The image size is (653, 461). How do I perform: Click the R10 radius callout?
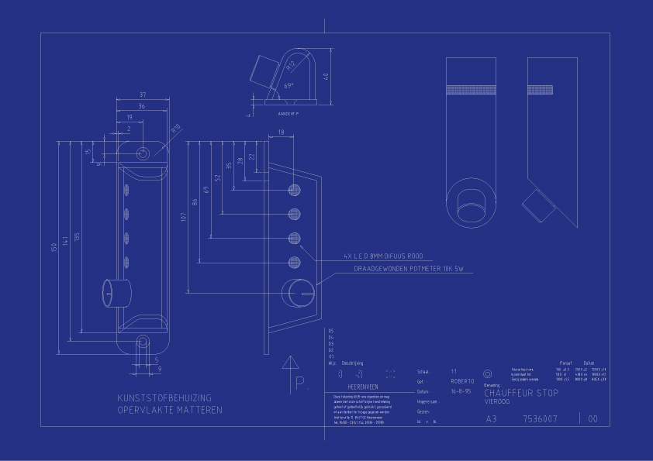(x=175, y=129)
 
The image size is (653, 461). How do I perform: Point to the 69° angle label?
(x=288, y=85)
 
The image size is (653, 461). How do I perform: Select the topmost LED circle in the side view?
(x=294, y=191)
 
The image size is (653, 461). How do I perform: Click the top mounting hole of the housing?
(x=143, y=153)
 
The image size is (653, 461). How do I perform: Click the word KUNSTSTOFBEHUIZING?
(x=164, y=398)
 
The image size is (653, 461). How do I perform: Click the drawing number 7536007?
(x=541, y=419)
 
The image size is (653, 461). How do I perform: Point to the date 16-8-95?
(x=461, y=392)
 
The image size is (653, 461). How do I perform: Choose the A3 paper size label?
(x=491, y=419)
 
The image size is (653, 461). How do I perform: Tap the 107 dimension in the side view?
(x=183, y=217)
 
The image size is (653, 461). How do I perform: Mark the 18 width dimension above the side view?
(x=281, y=132)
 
